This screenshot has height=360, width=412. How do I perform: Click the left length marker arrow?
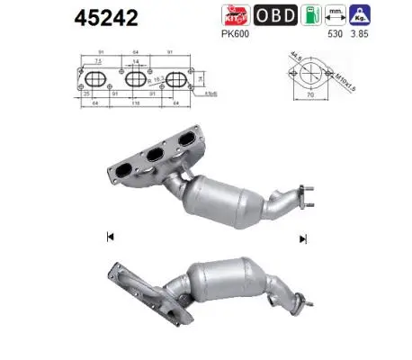pos(109,237)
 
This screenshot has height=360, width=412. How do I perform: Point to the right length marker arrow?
pos(303,237)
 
